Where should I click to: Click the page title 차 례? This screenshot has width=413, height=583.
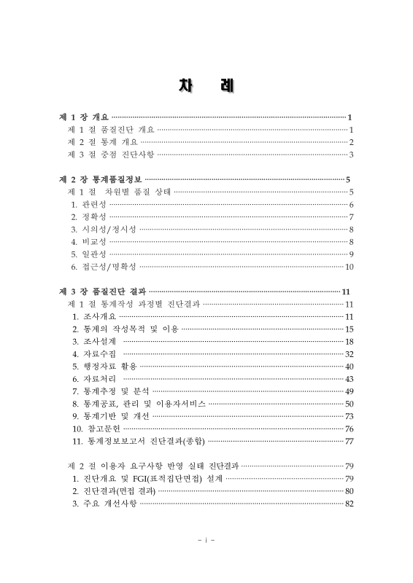[206, 85]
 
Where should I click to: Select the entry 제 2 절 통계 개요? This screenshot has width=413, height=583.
[101, 141]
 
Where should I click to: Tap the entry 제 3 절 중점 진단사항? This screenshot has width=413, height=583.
[110, 154]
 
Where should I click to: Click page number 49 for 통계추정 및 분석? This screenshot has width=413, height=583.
[350, 391]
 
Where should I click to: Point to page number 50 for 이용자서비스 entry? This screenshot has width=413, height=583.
[350, 404]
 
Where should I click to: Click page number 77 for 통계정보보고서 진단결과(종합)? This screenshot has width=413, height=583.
[350, 441]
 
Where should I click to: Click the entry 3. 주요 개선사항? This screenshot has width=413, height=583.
[104, 504]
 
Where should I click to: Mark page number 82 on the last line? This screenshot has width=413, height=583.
[350, 504]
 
